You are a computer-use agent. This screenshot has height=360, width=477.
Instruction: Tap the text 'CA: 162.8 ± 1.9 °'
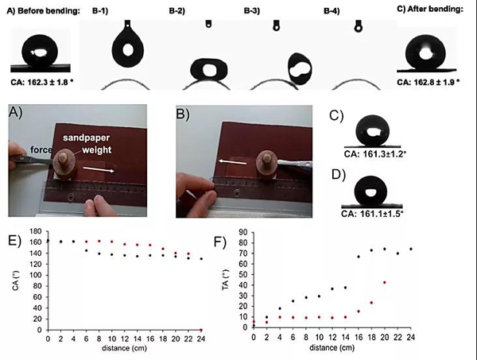pyautogui.click(x=432, y=79)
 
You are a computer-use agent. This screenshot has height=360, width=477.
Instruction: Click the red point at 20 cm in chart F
pyautogui.click(x=385, y=282)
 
